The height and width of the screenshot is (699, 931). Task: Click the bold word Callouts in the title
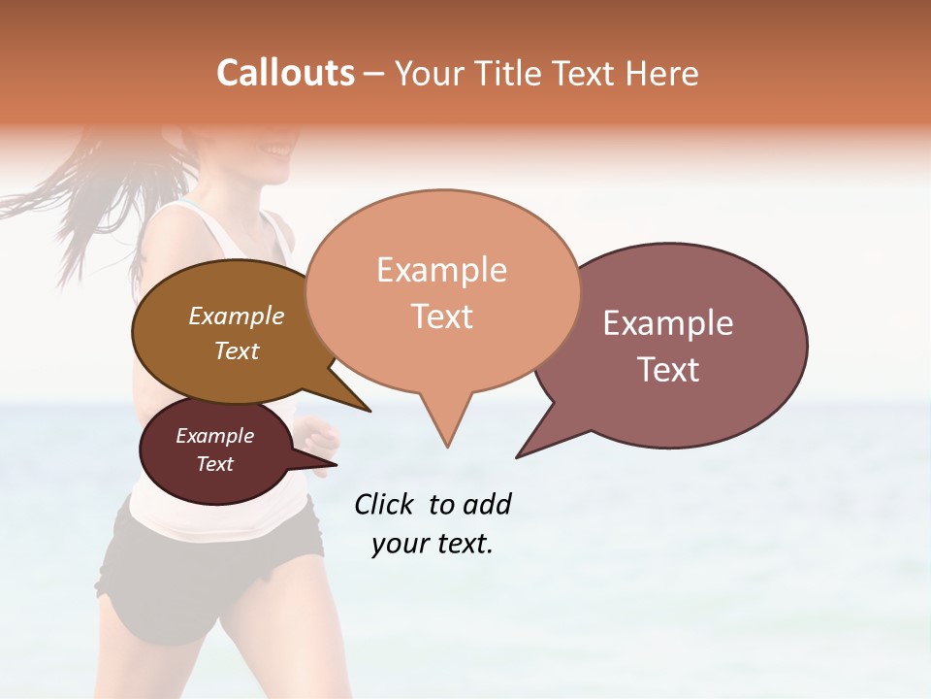click(285, 73)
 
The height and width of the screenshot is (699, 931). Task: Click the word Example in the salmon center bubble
click(441, 270)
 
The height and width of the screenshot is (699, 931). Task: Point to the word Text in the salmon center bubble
click(441, 316)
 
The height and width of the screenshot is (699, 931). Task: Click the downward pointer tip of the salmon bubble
click(447, 446)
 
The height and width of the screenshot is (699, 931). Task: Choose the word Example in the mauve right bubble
click(668, 323)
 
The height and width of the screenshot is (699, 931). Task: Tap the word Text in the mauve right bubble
click(668, 370)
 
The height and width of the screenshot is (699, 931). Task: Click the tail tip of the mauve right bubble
click(518, 456)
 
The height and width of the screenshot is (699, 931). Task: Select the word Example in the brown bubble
click(236, 316)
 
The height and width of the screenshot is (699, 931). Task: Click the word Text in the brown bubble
click(236, 350)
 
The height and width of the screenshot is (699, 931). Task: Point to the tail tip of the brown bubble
click(369, 411)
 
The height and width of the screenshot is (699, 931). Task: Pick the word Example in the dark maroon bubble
click(214, 436)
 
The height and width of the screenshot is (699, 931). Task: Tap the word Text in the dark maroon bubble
click(214, 464)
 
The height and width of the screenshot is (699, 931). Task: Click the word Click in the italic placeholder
click(384, 504)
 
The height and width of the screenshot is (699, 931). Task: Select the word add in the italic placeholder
click(487, 504)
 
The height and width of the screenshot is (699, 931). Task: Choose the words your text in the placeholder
click(432, 544)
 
